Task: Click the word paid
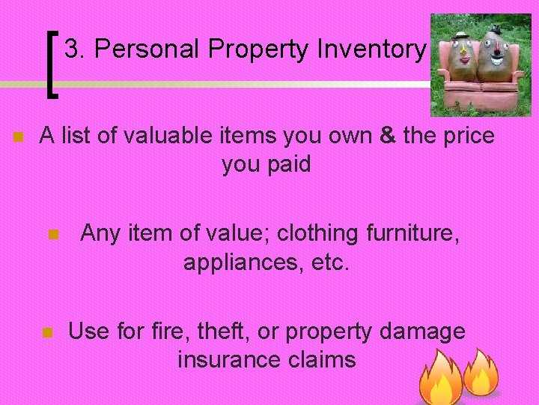point(287,164)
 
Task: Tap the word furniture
point(413,233)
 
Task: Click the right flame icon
point(481,373)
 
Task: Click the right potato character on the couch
point(493,57)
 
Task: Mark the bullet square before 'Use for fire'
point(46,332)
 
